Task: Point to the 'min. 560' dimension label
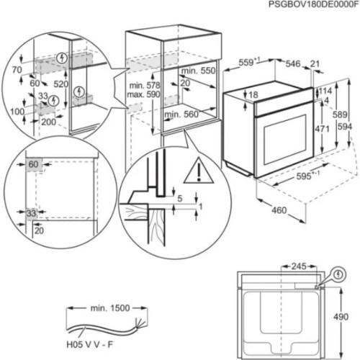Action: tap(179, 114)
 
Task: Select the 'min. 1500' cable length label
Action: tap(110, 307)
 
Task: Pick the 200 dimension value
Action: tap(48, 123)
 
